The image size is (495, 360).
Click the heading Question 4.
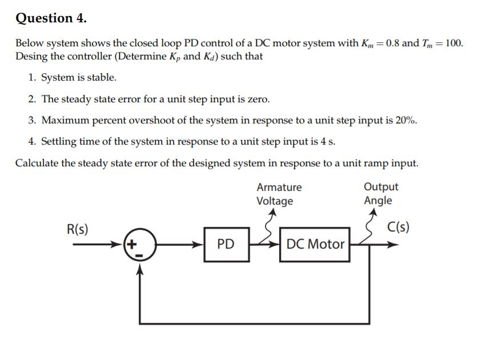pos(51,18)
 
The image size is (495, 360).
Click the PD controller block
pos(226,245)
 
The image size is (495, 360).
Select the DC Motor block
pos(315,245)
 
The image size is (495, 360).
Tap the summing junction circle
pos(139,245)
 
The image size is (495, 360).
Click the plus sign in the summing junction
pos(132,244)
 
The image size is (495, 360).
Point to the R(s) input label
pos(78,229)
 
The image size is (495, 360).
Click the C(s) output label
pos(398,227)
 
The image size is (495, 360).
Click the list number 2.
pos(31,99)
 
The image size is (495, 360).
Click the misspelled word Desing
pos(31,57)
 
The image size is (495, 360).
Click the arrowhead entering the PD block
pos(200,245)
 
